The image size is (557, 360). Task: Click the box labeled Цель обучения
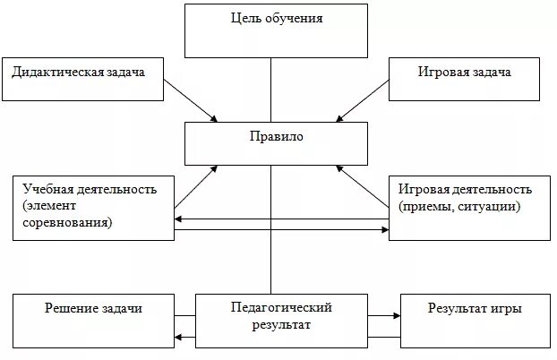[x=276, y=31]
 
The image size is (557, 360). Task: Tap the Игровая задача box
[x=464, y=79]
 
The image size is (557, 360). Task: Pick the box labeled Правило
[x=276, y=142]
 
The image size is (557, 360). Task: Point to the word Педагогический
[x=281, y=308]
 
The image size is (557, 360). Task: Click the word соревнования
[x=68, y=223]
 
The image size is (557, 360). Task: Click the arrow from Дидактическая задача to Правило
[x=191, y=101]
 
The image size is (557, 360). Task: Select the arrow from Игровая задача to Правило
[x=363, y=101]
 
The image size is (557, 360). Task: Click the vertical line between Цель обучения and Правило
[x=271, y=90]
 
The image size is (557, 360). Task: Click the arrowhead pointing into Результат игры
[x=395, y=315]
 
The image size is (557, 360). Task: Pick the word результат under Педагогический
[x=281, y=324]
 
